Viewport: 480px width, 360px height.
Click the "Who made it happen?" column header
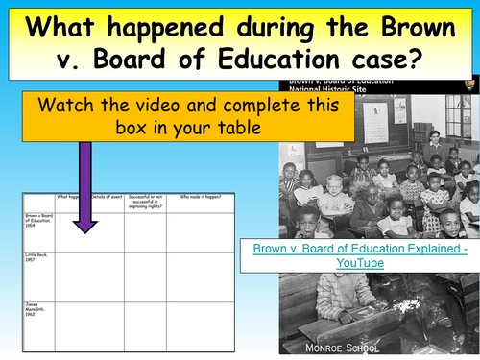click(x=203, y=199)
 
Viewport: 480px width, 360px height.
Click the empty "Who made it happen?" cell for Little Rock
click(x=203, y=278)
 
